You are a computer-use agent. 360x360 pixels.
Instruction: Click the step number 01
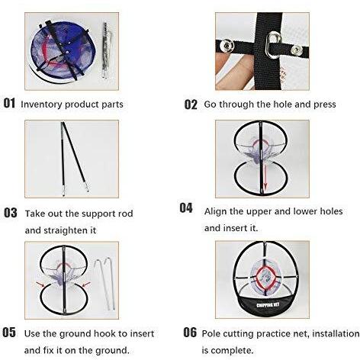[9, 103]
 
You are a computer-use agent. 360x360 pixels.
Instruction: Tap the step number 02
[191, 104]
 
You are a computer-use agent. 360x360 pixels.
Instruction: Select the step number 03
[11, 213]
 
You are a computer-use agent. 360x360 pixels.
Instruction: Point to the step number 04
[186, 207]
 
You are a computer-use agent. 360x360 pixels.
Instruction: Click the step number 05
[9, 333]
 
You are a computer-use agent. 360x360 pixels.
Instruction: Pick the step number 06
[190, 333]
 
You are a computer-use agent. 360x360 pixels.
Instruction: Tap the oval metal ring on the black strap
[273, 45]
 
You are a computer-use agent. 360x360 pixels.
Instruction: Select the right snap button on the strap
[296, 50]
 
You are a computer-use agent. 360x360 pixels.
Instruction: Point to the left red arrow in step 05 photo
[40, 284]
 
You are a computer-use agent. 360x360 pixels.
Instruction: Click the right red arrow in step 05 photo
[86, 284]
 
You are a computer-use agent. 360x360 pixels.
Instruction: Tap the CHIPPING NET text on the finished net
[268, 304]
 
